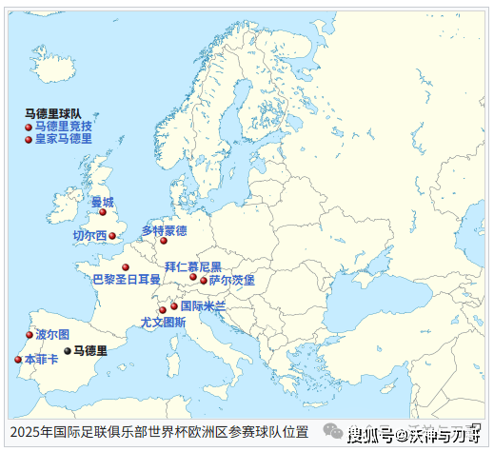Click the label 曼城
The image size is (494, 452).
(102, 202)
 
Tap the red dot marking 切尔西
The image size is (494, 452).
(112, 236)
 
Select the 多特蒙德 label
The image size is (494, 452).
(164, 230)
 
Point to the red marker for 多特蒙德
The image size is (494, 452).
(164, 242)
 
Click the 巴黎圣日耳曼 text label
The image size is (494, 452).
(127, 280)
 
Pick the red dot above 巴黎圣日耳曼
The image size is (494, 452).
(126, 267)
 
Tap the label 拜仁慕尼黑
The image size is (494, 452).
(192, 267)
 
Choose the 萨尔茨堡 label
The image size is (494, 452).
(232, 281)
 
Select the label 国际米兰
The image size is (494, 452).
(203, 306)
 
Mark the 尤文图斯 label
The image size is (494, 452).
(163, 323)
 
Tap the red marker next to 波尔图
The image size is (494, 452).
(30, 335)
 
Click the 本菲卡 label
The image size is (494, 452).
(41, 360)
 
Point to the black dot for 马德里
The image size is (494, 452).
(68, 350)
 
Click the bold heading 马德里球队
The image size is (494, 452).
(53, 113)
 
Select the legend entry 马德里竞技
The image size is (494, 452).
(64, 126)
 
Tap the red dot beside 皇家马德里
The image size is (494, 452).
(29, 139)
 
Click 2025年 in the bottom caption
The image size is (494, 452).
(25, 433)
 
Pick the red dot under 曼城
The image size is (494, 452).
(103, 212)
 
